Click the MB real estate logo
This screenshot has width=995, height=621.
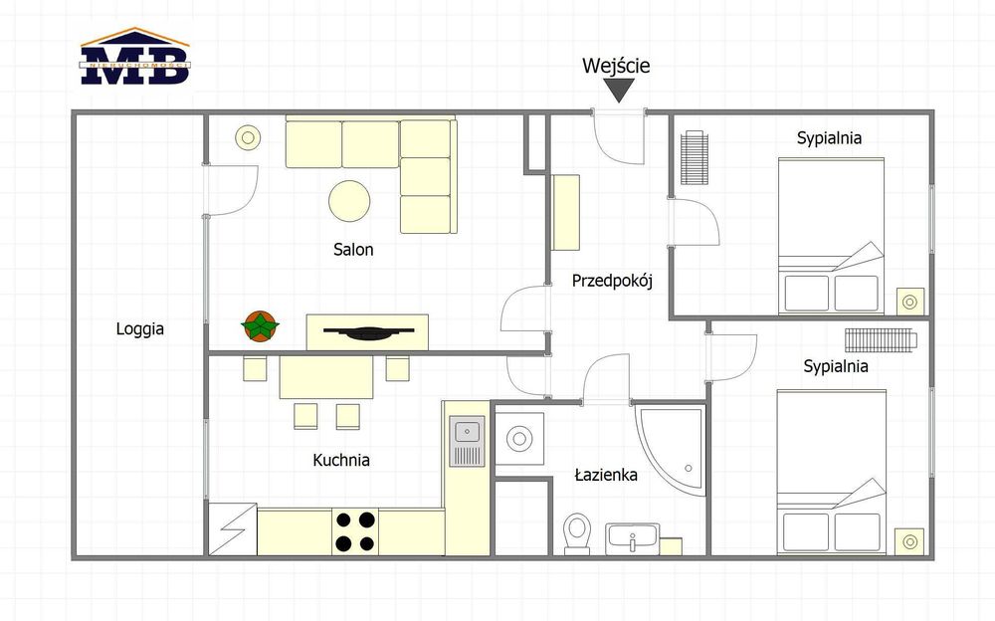[134, 57]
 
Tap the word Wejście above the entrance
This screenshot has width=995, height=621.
[616, 66]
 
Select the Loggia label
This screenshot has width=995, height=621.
[139, 329]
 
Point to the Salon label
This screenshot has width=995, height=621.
[353, 250]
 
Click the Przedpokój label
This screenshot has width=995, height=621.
[612, 281]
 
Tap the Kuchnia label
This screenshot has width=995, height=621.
[341, 460]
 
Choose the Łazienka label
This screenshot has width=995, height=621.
[606, 475]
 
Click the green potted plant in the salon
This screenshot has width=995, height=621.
[260, 325]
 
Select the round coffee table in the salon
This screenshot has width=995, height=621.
[349, 201]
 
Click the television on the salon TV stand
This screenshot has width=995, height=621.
[369, 331]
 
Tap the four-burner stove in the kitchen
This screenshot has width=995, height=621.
[355, 532]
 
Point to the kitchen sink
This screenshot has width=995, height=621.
[467, 441]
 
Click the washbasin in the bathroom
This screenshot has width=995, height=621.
[632, 539]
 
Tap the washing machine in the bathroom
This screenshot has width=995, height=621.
[519, 439]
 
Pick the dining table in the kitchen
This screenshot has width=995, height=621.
[326, 377]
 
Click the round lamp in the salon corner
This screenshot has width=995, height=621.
[248, 137]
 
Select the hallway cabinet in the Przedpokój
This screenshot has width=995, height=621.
[565, 212]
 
